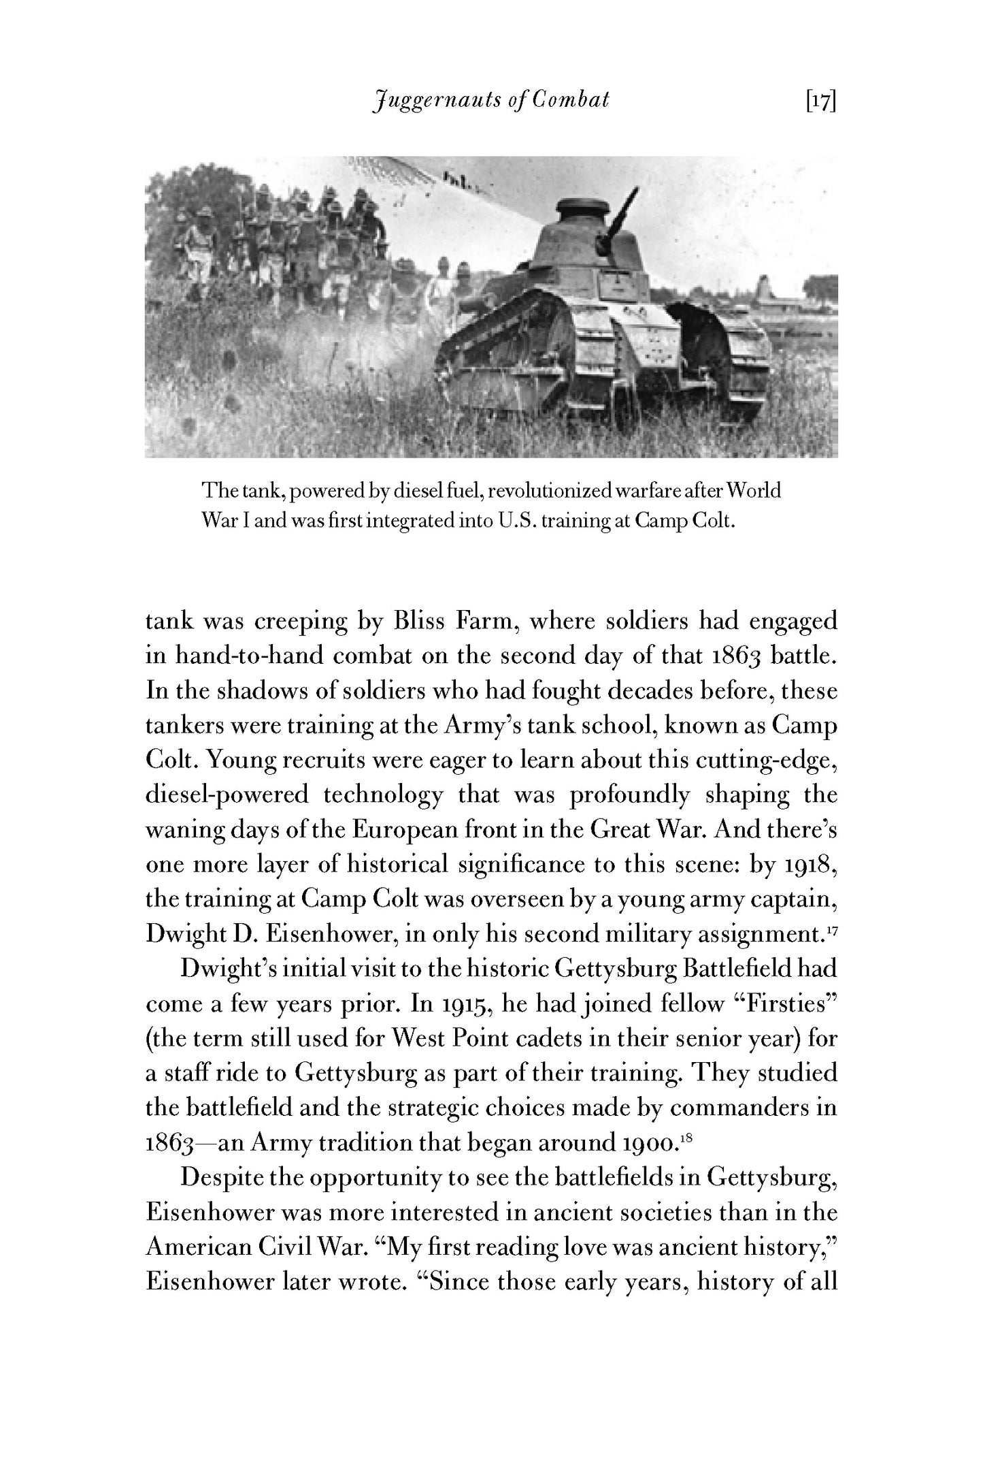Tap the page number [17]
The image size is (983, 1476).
[820, 101]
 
